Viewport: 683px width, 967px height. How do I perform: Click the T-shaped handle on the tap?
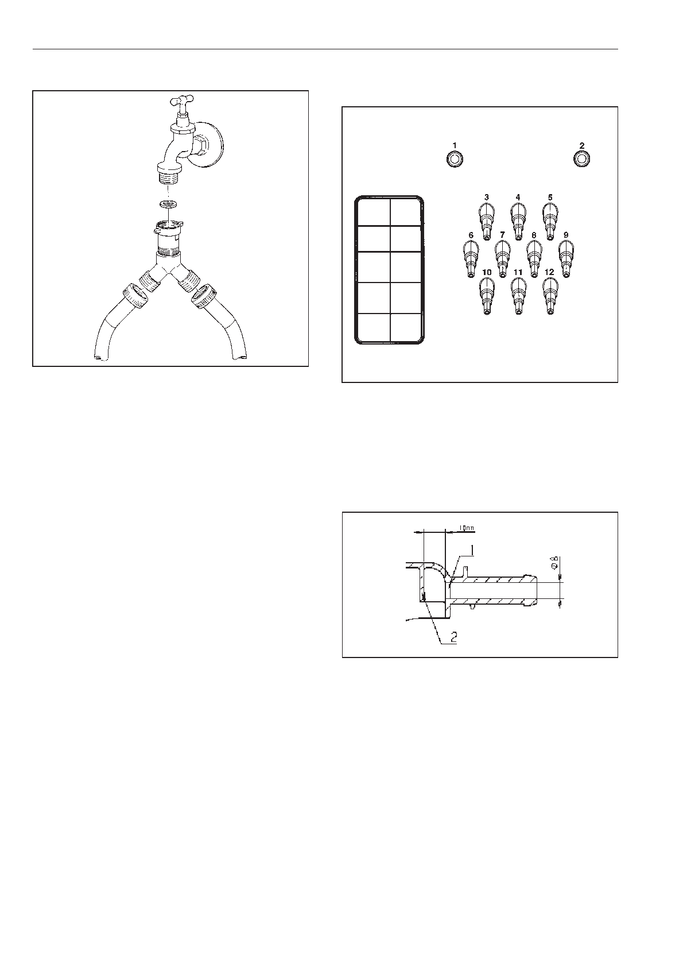[183, 103]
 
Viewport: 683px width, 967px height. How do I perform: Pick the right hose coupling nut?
[204, 298]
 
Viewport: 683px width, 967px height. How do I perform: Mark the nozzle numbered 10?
[487, 295]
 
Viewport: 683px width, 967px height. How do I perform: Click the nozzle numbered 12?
[550, 295]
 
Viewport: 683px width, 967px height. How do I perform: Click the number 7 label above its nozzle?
[502, 235]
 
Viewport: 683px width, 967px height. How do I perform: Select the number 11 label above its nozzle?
[518, 272]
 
